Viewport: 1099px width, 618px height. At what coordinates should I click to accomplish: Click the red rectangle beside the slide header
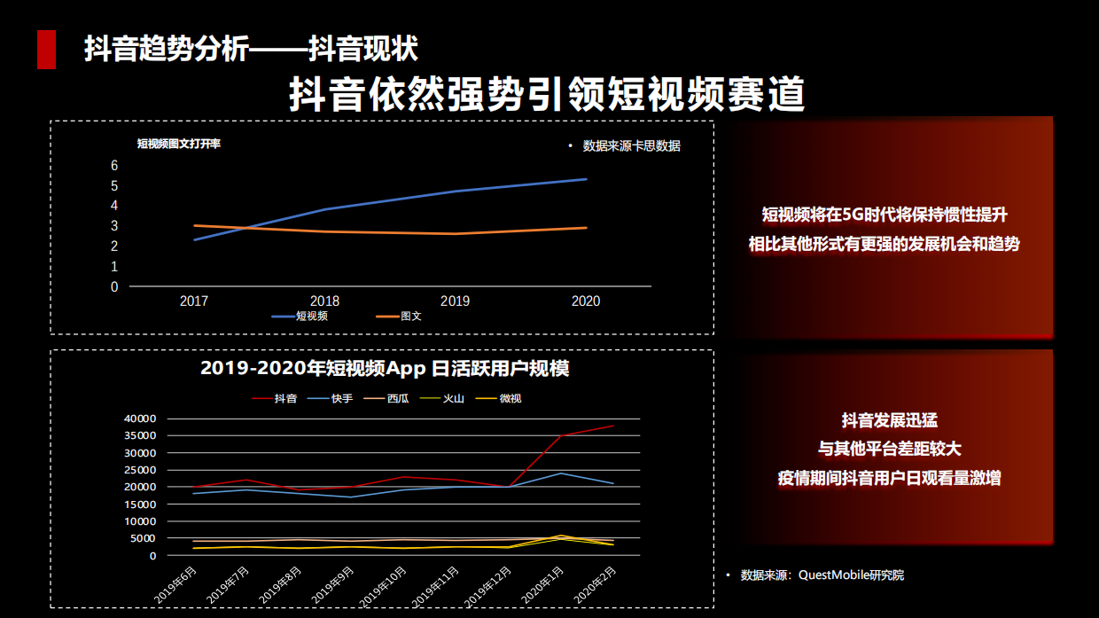46,49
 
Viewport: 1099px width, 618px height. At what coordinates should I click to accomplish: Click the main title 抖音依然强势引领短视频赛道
547,94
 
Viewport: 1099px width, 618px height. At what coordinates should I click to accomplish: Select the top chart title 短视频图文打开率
178,144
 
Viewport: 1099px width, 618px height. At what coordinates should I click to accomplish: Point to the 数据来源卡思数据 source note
631,146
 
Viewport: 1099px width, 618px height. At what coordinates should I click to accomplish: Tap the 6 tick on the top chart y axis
114,166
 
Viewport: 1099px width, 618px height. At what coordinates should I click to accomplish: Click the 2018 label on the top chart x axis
324,301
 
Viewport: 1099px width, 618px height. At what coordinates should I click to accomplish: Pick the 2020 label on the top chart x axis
585,301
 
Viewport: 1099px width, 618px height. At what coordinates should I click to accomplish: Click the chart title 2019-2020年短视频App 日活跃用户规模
385,369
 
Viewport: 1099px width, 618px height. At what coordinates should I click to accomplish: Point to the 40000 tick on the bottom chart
140,419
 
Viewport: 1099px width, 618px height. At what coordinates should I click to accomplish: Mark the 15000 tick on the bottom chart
140,505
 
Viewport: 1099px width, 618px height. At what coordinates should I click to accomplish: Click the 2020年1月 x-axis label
542,586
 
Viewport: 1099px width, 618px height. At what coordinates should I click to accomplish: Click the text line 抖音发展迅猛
889,420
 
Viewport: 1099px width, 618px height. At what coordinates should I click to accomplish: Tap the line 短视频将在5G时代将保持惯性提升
885,215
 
